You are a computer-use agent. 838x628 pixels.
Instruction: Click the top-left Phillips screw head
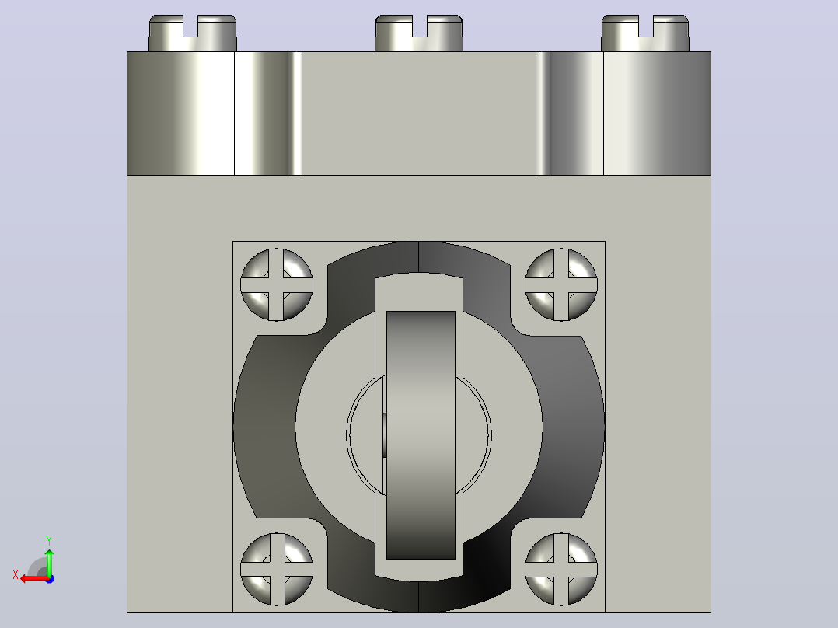click(276, 284)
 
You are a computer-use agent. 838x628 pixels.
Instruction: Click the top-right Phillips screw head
click(560, 284)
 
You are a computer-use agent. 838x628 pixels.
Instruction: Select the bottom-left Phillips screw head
click(276, 569)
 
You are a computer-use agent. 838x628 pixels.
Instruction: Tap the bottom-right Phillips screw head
click(560, 569)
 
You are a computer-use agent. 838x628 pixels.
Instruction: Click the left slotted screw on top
click(193, 33)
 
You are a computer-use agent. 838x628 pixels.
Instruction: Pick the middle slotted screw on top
click(419, 33)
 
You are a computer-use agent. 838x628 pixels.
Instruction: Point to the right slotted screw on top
click(645, 33)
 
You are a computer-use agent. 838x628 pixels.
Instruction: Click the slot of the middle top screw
click(420, 26)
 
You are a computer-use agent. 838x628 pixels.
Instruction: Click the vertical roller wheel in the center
click(421, 435)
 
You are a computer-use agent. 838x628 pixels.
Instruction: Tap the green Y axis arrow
click(49, 562)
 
